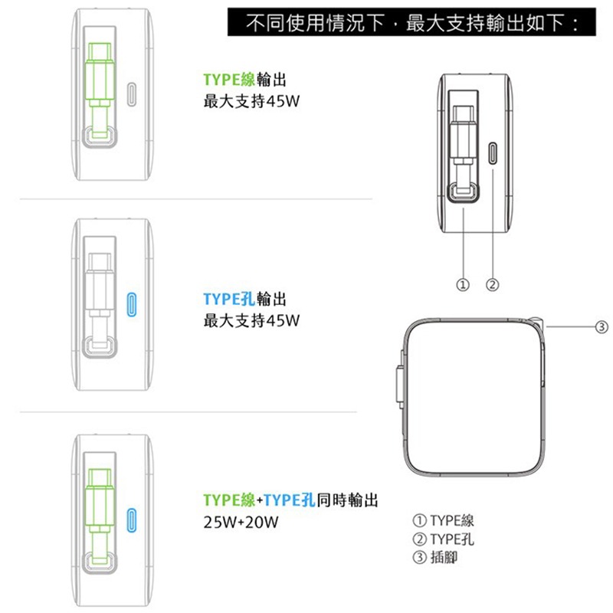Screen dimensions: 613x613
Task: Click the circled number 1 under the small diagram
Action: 463,285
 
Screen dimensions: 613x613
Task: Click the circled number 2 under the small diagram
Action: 493,285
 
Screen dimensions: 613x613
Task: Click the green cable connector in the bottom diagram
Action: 99,506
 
